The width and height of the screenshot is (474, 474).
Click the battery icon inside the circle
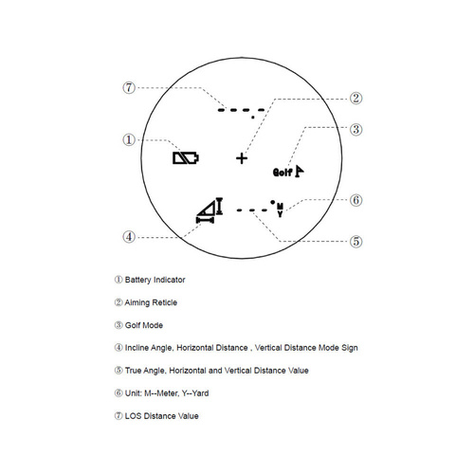[186, 158]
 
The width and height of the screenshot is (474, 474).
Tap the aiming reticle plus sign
[242, 158]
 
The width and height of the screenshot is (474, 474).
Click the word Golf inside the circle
[283, 173]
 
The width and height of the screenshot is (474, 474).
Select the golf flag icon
[301, 171]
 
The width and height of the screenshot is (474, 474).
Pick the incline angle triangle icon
[209, 210]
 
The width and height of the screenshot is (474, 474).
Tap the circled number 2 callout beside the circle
[355, 98]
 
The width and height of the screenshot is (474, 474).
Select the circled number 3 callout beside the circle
[355, 129]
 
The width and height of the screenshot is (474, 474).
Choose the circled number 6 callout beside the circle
[355, 200]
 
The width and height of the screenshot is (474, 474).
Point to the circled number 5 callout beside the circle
[355, 241]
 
